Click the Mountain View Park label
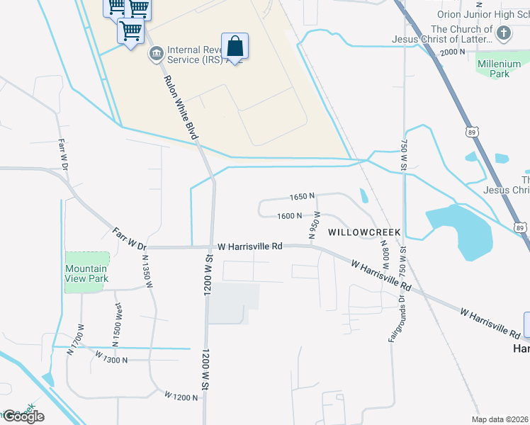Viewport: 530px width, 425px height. [86, 273]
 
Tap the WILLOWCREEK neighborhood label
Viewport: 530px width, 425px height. [363, 232]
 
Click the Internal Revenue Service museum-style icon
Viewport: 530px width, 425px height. [156, 54]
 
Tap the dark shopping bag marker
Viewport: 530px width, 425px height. [235, 47]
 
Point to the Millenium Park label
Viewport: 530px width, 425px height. [493, 69]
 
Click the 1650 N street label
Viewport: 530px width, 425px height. [301, 196]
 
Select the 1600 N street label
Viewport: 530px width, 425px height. [290, 216]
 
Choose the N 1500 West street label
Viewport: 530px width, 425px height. [118, 322]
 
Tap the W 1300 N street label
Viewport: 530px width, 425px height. [110, 360]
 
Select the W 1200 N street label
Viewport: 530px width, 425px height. [181, 397]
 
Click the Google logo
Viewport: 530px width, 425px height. [23, 416]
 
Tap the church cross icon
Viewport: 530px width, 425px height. [503, 33]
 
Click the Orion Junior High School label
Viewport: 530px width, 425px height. [483, 15]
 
